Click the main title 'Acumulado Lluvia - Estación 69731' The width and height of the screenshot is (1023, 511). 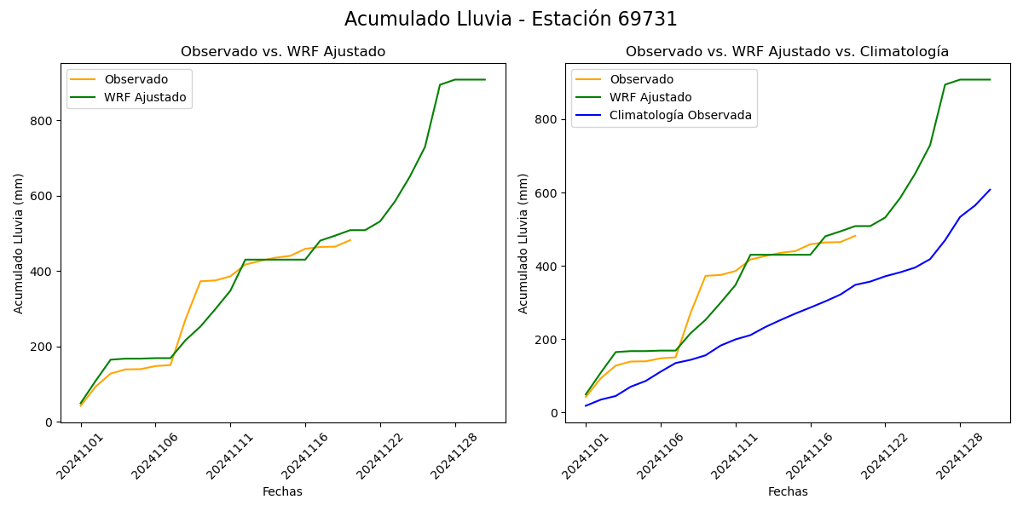pos(511,20)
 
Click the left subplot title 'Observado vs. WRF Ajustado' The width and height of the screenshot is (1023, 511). pos(283,52)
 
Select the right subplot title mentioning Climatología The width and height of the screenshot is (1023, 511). pos(787,52)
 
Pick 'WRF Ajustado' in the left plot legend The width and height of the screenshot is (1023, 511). pos(145,97)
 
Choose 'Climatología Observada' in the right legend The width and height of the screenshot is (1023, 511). pos(680,115)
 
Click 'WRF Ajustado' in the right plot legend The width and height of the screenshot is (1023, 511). pos(650,97)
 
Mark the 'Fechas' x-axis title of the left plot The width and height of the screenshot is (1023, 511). pos(282,491)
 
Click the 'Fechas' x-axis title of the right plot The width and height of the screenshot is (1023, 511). pos(788,491)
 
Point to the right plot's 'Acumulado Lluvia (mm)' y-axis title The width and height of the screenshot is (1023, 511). pos(523,243)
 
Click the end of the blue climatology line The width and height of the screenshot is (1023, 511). pos(990,190)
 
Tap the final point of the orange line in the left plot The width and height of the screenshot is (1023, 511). pos(350,240)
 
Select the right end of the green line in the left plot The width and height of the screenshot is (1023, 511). pos(485,79)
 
